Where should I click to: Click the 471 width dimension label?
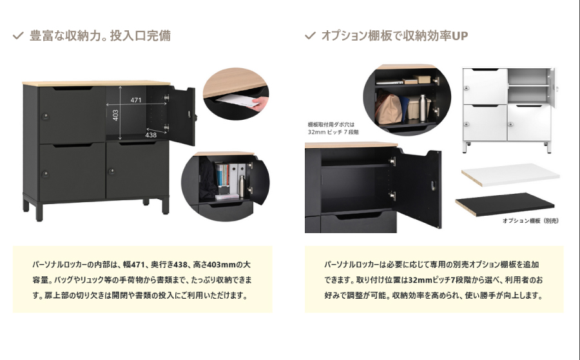(x=136, y=100)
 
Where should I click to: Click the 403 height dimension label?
(x=115, y=115)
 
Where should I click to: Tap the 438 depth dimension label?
(x=151, y=135)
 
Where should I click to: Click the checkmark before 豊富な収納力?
(x=18, y=36)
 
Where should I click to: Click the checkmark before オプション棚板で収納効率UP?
(x=310, y=35)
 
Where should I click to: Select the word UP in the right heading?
(x=459, y=36)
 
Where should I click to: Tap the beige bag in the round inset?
(x=388, y=108)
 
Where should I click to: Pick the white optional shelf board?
(x=510, y=175)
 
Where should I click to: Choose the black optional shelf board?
(x=505, y=204)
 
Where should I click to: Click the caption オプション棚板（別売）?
(x=530, y=221)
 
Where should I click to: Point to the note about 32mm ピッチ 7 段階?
(x=333, y=128)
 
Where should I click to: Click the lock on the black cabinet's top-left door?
(x=46, y=117)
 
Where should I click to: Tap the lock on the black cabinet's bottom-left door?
(x=46, y=174)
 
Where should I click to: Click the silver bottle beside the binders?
(x=242, y=186)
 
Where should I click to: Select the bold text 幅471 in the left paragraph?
(x=133, y=265)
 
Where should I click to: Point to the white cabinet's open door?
(x=553, y=88)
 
